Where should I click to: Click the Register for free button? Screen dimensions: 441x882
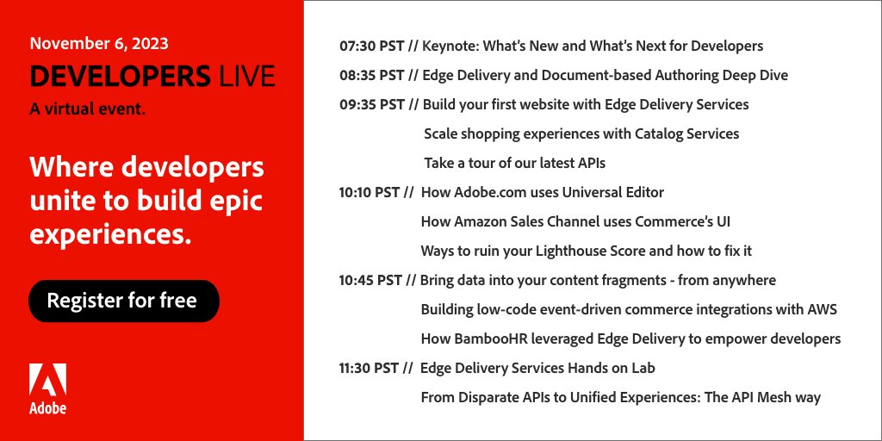122,301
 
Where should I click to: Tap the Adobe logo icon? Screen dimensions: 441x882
47,381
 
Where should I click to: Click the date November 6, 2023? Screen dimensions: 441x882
99,43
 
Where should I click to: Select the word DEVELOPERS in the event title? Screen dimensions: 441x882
120,77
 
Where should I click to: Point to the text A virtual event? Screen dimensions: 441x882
87,109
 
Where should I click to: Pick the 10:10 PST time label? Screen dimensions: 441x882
370,192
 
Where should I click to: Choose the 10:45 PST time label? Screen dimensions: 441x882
371,280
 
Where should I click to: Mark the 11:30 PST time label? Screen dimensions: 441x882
370,368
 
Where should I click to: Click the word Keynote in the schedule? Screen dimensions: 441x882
450,46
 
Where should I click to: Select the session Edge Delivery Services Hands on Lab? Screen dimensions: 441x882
537,368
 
